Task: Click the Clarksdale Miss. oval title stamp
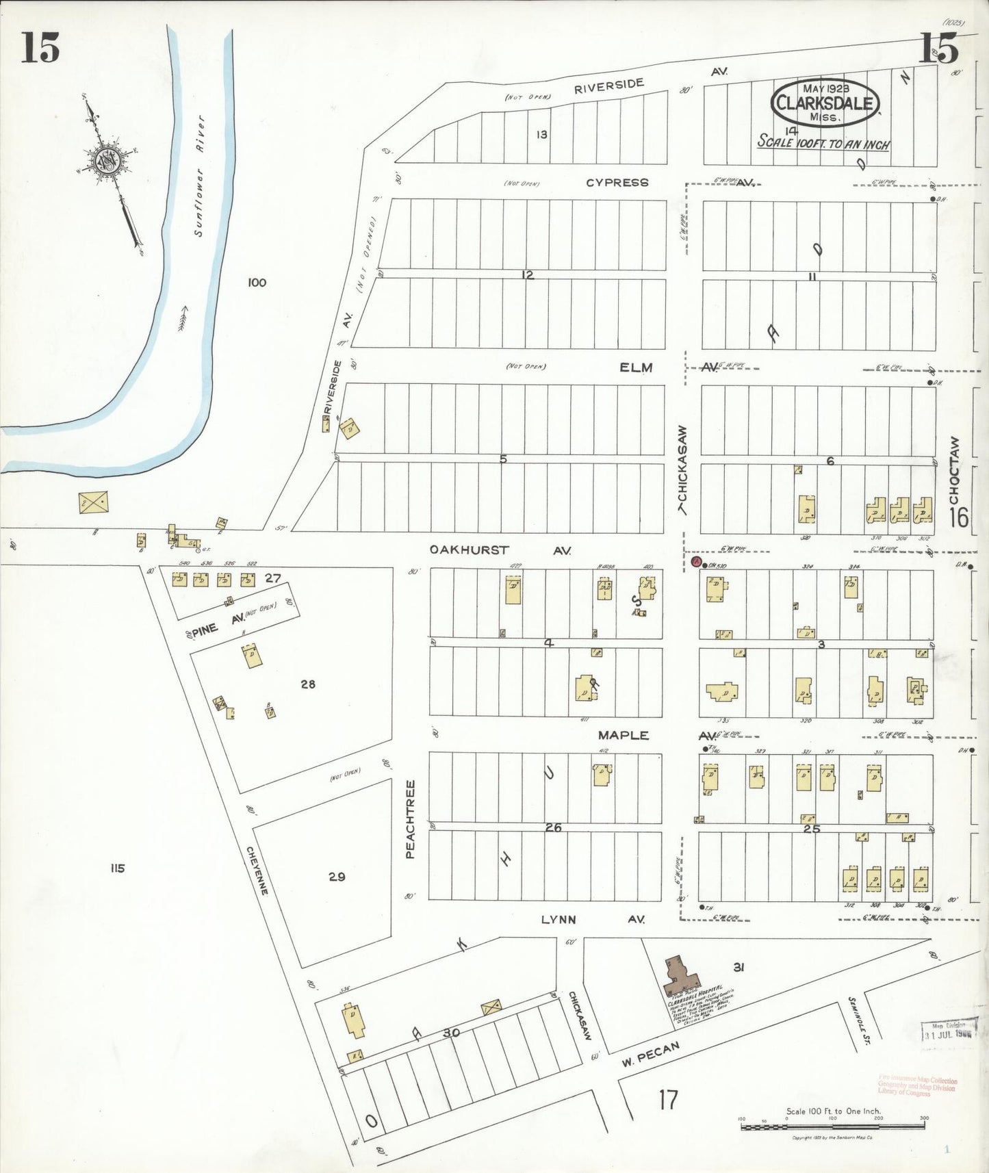pyautogui.click(x=825, y=103)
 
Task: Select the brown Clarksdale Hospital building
pyautogui.click(x=680, y=975)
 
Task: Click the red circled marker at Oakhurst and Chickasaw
pyautogui.click(x=696, y=563)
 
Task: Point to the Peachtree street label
pyautogui.click(x=411, y=819)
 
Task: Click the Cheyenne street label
pyautogui.click(x=257, y=870)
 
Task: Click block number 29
pyautogui.click(x=337, y=877)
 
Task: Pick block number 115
pyautogui.click(x=117, y=868)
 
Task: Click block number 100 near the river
pyautogui.click(x=257, y=282)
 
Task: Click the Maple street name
pyautogui.click(x=623, y=735)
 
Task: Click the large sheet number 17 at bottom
pyautogui.click(x=668, y=1100)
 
